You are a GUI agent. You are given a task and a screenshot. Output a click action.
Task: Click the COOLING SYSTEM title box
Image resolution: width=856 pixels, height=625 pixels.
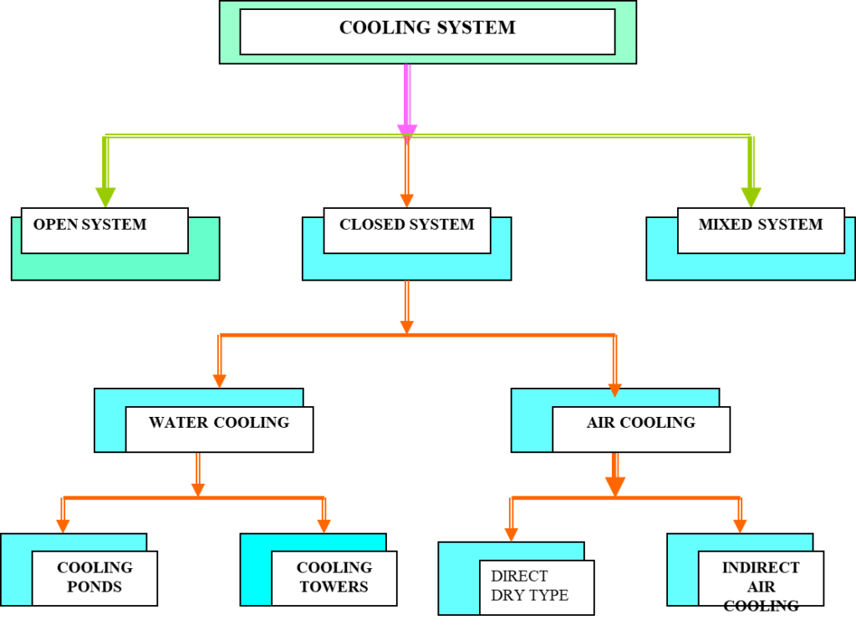coord(427,31)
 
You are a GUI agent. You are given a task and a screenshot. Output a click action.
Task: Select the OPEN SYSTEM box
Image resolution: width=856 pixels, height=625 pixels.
coord(104,231)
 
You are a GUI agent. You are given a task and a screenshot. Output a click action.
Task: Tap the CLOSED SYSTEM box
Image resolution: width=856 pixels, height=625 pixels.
coord(407,231)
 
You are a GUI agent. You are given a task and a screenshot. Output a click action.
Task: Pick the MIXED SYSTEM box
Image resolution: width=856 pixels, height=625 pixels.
coord(761,231)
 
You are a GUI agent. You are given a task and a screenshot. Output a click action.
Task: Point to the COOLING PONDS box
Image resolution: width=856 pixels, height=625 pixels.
coord(94,577)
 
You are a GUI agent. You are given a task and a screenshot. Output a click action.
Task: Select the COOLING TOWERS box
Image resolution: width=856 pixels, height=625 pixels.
coord(334,577)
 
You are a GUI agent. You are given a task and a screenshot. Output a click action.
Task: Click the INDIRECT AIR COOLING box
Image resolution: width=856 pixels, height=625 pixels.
coord(761,577)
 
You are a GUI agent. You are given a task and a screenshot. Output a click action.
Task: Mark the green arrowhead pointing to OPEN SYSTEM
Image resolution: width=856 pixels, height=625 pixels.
coord(104,196)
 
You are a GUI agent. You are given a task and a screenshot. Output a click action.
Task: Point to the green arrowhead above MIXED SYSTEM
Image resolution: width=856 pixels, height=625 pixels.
coord(751,196)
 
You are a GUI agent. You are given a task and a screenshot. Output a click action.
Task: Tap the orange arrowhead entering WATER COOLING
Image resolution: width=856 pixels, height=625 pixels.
coord(219,380)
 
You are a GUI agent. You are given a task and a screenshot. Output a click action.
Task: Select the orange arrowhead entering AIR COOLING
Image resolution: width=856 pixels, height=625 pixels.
coord(614,389)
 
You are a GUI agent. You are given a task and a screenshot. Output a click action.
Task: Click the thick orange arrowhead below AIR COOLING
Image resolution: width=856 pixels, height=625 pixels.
coord(615,485)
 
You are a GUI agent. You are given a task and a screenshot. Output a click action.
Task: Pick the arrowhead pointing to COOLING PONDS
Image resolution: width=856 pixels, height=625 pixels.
coord(63,526)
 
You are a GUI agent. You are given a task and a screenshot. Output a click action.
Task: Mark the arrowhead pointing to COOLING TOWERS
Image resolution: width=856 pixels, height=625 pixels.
coord(324,526)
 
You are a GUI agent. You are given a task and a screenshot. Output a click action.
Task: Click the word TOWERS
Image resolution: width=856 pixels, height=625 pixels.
coord(334,587)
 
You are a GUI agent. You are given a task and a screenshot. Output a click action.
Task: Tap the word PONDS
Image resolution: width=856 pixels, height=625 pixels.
coord(94,587)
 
